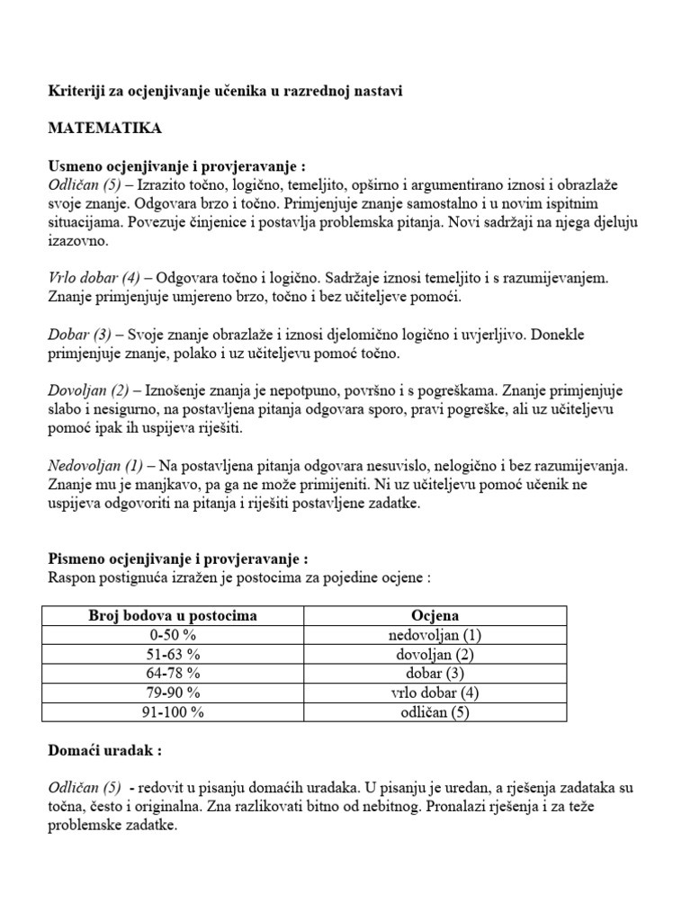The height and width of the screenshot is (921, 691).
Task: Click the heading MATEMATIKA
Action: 104,129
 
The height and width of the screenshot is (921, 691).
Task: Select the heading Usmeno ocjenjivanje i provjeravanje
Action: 171,166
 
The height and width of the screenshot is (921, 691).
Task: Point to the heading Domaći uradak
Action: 104,749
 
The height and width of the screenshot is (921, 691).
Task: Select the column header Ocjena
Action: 435,615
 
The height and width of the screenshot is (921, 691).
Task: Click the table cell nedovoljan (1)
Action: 435,635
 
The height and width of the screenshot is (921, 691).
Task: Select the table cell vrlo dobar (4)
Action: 435,693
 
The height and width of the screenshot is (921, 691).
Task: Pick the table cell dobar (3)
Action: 435,674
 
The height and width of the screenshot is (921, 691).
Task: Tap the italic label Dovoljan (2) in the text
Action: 85,392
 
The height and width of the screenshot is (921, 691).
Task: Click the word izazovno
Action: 76,242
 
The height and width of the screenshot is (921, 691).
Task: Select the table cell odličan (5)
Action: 435,713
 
